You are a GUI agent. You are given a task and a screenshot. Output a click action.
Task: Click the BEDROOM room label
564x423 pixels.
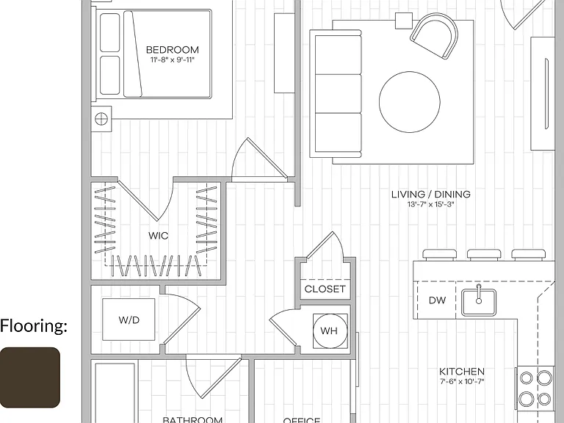[173, 50]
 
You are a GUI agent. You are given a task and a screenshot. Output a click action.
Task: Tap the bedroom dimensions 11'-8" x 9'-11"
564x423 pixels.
[173, 59]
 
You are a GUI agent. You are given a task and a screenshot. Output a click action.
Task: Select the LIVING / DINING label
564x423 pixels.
[431, 194]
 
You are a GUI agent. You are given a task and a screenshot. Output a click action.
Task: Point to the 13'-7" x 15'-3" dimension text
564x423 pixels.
[431, 204]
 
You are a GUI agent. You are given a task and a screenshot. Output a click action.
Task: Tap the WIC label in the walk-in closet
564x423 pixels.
[159, 236]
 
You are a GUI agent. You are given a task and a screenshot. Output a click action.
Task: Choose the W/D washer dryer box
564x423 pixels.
[129, 319]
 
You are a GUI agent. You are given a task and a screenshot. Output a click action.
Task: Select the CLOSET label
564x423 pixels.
[325, 289]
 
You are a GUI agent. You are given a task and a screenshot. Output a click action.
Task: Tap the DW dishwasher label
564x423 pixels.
[437, 300]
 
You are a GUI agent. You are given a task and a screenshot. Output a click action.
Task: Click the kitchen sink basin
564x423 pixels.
[479, 302]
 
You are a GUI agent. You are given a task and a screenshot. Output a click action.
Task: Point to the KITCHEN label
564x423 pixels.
[462, 371]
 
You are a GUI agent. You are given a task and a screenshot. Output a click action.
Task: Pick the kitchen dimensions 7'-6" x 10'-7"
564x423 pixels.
[462, 381]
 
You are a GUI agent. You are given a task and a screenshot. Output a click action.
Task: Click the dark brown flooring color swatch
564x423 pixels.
[30, 377]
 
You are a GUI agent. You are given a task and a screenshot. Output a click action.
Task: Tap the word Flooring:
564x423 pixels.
[34, 326]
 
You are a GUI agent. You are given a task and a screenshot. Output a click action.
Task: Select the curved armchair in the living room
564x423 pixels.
[435, 35]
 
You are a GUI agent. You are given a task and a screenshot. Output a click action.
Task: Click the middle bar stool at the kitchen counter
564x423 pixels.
[484, 254]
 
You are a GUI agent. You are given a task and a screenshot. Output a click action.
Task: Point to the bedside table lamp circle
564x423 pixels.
[101, 118]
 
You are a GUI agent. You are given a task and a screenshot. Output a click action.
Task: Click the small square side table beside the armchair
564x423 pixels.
[404, 21]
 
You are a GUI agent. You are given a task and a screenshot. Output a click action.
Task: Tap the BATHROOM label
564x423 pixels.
[192, 419]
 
